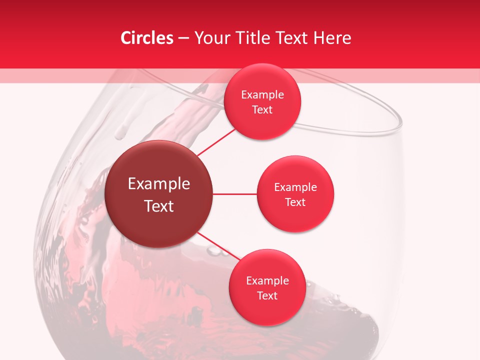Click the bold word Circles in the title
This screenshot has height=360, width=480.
coord(146,38)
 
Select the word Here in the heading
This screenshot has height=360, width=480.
coord(332,38)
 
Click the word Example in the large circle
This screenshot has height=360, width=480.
coord(159,184)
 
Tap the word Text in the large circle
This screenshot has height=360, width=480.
coord(159,206)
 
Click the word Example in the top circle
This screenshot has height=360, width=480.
coord(262,95)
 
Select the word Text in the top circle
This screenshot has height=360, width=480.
coord(262,110)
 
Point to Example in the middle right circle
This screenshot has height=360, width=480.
coord(295,187)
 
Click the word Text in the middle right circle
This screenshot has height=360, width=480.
coord(295,202)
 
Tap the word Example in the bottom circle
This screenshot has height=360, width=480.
coord(267,281)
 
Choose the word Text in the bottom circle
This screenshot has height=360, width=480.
coord(267,296)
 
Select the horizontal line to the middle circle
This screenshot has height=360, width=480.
coord(235,194)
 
